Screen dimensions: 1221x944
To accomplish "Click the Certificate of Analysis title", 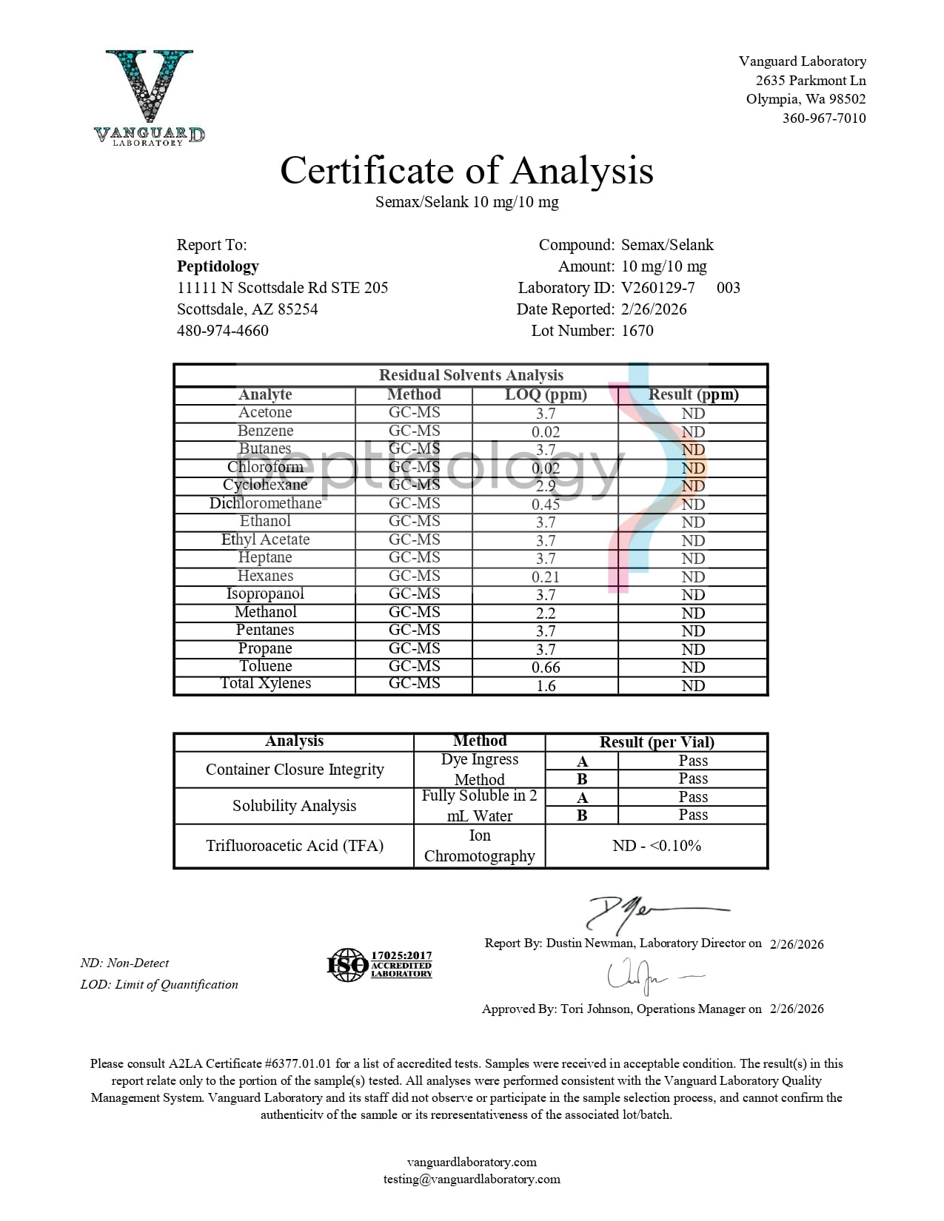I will coord(466,170).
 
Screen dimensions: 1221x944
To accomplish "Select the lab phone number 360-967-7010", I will coord(823,118).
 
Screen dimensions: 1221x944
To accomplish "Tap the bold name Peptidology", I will coord(218,266).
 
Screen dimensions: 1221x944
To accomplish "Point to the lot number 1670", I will coord(637,331).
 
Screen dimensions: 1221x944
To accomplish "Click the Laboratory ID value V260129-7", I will coord(657,288).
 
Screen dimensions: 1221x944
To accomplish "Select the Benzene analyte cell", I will coord(265,431).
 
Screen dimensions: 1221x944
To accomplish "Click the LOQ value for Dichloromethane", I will coord(546,504).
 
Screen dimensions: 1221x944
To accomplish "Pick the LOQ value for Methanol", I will coord(546,613).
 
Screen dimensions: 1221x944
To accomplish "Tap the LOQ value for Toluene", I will coord(546,667).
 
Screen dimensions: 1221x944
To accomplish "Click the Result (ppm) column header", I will coord(693,394).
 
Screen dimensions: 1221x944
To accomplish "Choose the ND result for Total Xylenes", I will coord(693,685).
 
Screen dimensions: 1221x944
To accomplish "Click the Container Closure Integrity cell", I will coord(295,770).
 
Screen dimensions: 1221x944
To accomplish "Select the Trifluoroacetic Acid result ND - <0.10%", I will coord(657,846).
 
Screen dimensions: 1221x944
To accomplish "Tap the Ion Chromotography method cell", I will coord(479,846).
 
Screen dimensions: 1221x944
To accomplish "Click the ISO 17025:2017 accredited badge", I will coord(379,965).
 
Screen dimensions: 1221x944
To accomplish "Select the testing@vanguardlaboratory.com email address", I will coord(472,1180).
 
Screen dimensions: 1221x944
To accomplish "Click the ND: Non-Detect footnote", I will coord(124,963).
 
